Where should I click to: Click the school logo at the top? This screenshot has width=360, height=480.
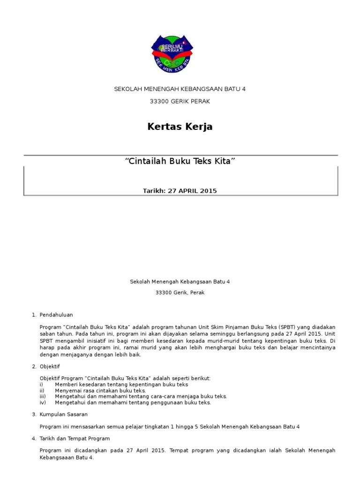(x=172, y=53)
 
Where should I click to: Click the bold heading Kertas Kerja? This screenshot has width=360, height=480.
(x=180, y=127)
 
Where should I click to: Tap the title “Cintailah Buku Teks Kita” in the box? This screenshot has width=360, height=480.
(x=180, y=161)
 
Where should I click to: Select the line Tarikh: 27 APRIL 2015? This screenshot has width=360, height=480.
(x=180, y=191)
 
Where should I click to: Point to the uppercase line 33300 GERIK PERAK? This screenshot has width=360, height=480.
(x=180, y=101)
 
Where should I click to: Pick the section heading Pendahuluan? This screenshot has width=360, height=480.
(x=56, y=315)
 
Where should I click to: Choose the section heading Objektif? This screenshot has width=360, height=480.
(x=50, y=366)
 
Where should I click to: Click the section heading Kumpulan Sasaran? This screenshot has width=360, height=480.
(x=64, y=414)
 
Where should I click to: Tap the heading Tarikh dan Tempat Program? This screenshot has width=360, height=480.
(x=75, y=438)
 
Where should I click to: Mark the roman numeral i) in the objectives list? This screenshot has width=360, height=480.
(x=42, y=384)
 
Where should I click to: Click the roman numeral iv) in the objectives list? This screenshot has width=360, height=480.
(x=42, y=402)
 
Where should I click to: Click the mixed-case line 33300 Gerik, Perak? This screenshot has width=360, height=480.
(x=180, y=292)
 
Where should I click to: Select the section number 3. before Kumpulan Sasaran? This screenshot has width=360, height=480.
(x=34, y=414)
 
